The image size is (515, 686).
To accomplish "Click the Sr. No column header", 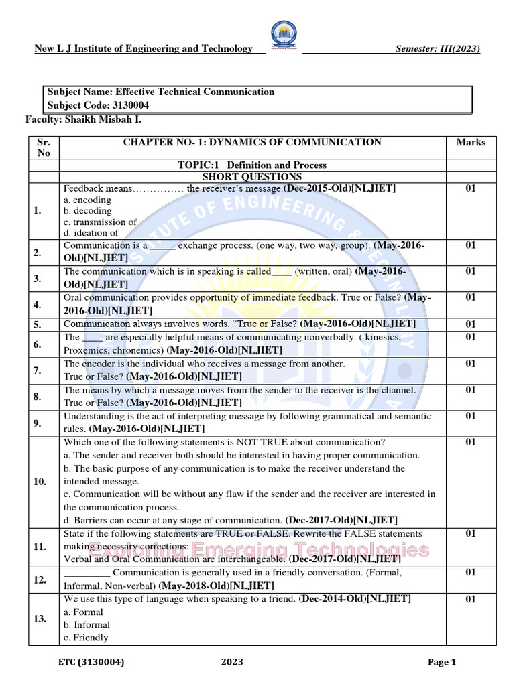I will click(x=44, y=147).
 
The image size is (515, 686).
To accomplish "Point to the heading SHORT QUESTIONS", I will click(x=252, y=177).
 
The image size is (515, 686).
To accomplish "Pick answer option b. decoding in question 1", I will click(x=88, y=210).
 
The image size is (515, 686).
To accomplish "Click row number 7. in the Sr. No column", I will click(x=38, y=370).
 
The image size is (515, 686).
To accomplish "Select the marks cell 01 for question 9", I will click(x=470, y=416).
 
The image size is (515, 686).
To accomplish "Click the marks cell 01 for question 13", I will click(x=470, y=599).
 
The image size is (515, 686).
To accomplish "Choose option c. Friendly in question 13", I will click(x=86, y=638).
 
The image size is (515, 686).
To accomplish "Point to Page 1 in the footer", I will click(x=442, y=663).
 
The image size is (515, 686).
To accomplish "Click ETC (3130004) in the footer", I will click(x=91, y=663).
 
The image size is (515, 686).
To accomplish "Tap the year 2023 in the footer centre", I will click(x=232, y=663).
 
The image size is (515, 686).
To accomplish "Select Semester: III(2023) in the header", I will click(x=437, y=48).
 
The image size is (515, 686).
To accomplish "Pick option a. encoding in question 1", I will click(x=88, y=200).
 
